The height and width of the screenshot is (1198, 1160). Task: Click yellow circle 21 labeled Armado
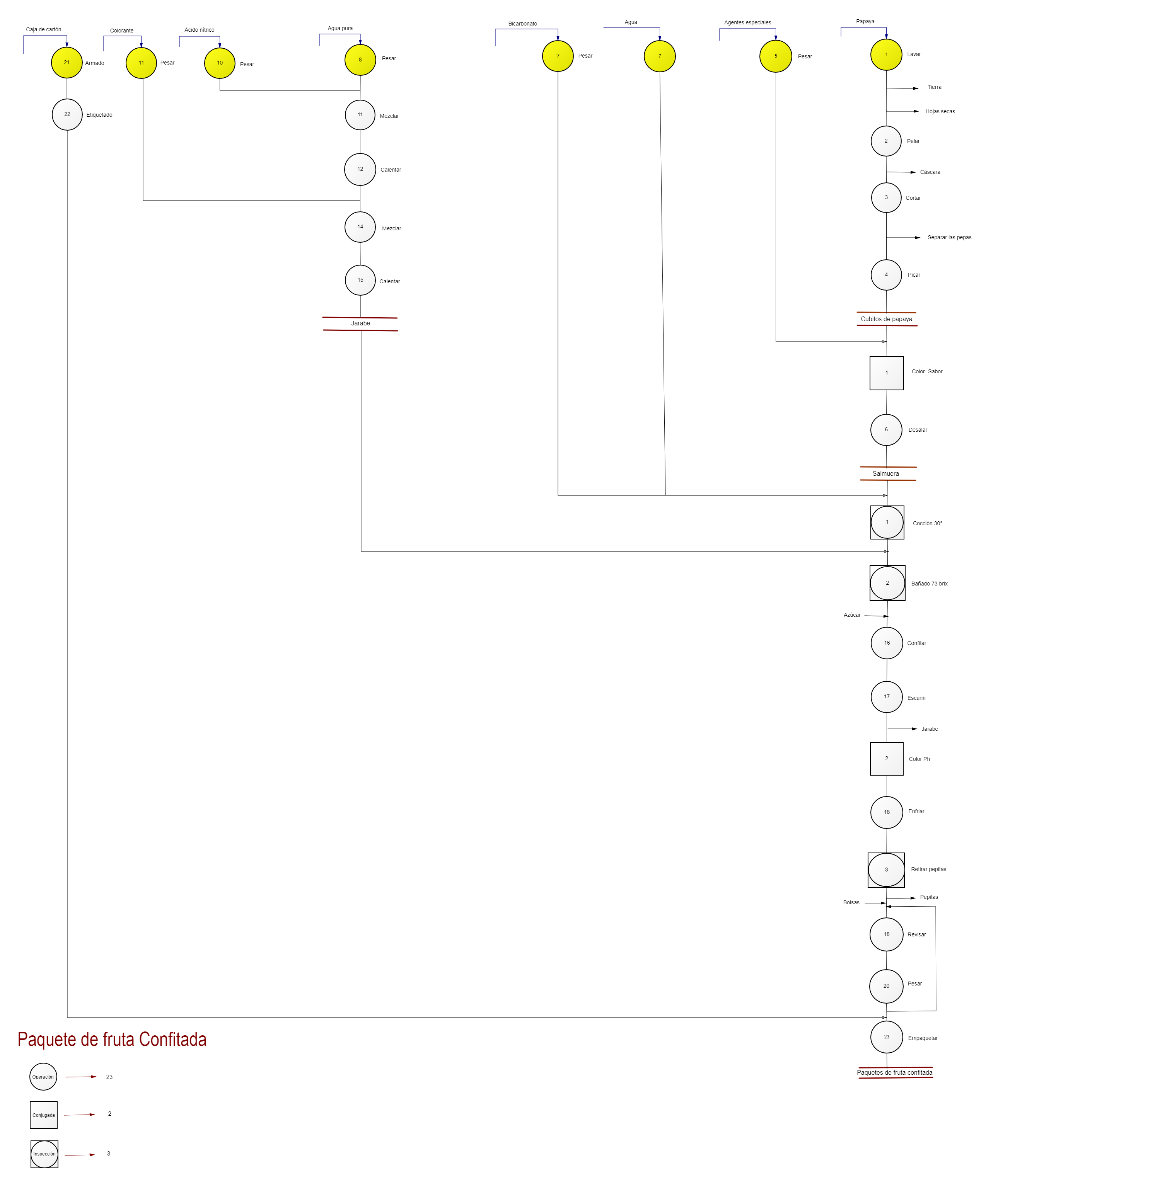67,62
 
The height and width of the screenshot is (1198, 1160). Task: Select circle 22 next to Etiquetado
67,114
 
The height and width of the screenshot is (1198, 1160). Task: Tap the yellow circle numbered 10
220,63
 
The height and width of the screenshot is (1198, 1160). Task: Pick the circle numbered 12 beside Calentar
360,169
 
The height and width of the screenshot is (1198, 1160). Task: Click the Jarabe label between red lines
360,323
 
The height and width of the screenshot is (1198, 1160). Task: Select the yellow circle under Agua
659,56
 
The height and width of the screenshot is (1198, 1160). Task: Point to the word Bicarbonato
522,24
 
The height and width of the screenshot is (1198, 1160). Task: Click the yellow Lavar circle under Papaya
886,54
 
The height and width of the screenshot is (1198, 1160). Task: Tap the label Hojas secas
940,111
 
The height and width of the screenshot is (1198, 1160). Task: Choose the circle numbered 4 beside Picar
886,274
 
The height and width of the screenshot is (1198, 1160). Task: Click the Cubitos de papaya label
886,319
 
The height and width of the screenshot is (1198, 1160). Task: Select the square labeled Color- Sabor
887,373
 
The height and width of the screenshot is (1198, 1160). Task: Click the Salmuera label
885,474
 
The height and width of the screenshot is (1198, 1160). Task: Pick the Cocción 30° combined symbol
887,522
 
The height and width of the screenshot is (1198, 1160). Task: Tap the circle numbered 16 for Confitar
887,643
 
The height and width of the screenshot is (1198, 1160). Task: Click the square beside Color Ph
887,759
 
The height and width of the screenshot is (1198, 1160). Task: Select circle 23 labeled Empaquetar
887,1036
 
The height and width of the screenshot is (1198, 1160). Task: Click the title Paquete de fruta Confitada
112,1039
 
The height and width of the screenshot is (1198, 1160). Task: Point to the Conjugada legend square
43,1115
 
